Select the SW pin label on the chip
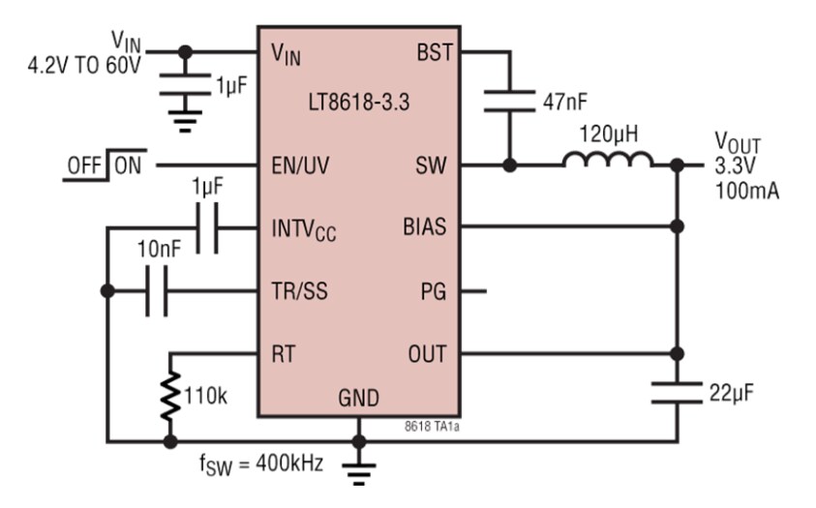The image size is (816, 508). point(432,165)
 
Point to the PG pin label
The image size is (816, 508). point(434,290)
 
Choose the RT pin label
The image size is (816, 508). point(286,353)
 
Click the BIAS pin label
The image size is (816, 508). point(426,228)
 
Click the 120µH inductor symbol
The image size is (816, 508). point(608,159)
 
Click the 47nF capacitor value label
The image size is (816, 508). point(566,101)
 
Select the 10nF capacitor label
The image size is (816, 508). point(158,249)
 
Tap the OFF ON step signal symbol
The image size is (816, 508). point(104,164)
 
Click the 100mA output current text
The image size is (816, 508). point(746,190)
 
